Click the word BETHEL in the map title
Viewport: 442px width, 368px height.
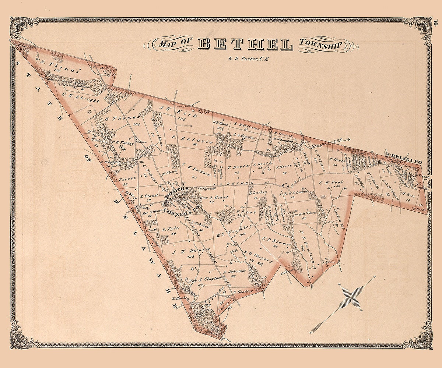pyautogui.click(x=245, y=44)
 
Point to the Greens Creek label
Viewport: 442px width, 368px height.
pyautogui.click(x=324, y=144)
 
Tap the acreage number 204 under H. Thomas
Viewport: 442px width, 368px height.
pyautogui.click(x=137, y=124)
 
